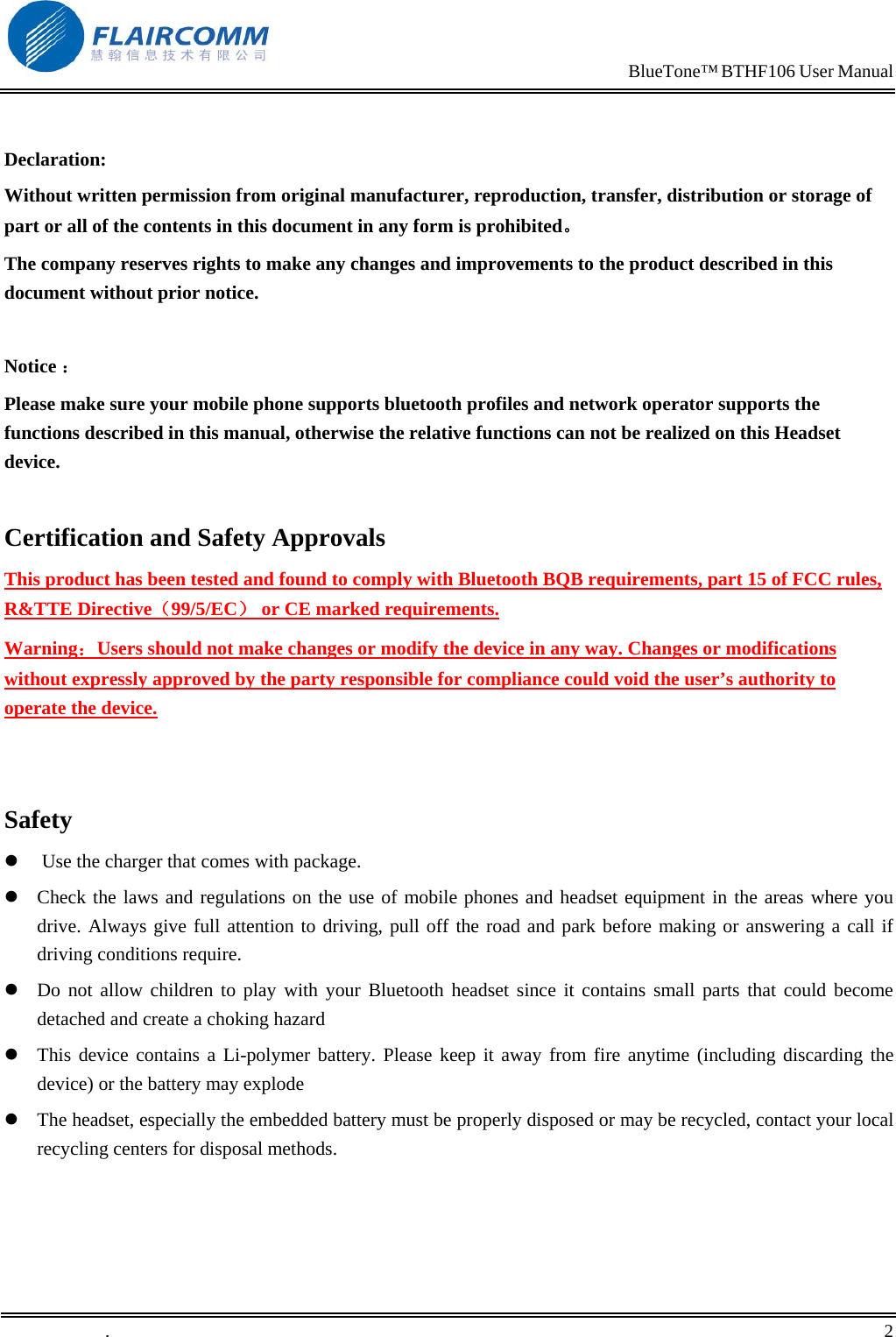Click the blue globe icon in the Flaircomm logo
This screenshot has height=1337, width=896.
coord(45,37)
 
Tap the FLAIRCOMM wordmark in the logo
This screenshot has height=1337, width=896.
coord(180,36)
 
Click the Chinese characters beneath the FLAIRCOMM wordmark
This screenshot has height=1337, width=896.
coord(179,56)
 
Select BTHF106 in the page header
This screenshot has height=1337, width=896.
coord(758,72)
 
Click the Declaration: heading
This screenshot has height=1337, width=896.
coord(55,159)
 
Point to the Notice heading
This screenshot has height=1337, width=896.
coord(31,366)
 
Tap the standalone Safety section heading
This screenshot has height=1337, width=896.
coord(39,820)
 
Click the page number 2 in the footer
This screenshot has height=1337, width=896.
coord(888,1330)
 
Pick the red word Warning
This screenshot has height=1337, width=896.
coord(41,648)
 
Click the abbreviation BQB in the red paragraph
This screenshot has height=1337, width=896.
coord(562,579)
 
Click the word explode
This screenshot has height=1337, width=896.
coord(273,1084)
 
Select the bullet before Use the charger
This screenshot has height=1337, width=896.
coord(11,861)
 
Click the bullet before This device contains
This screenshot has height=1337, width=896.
coord(11,1055)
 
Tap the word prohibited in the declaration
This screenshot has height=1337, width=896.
coord(519,226)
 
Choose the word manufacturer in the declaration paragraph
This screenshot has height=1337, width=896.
coord(409,195)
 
